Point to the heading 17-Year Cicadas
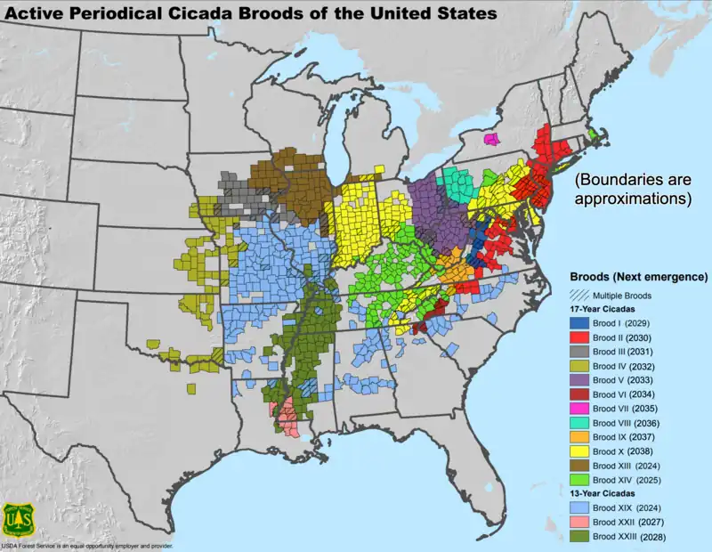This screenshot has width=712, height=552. (610, 309)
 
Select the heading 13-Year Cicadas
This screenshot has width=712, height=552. (610, 506)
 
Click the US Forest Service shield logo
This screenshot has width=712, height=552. (18, 519)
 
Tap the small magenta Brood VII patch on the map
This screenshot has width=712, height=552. (490, 140)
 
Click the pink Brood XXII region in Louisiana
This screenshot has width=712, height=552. (287, 417)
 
